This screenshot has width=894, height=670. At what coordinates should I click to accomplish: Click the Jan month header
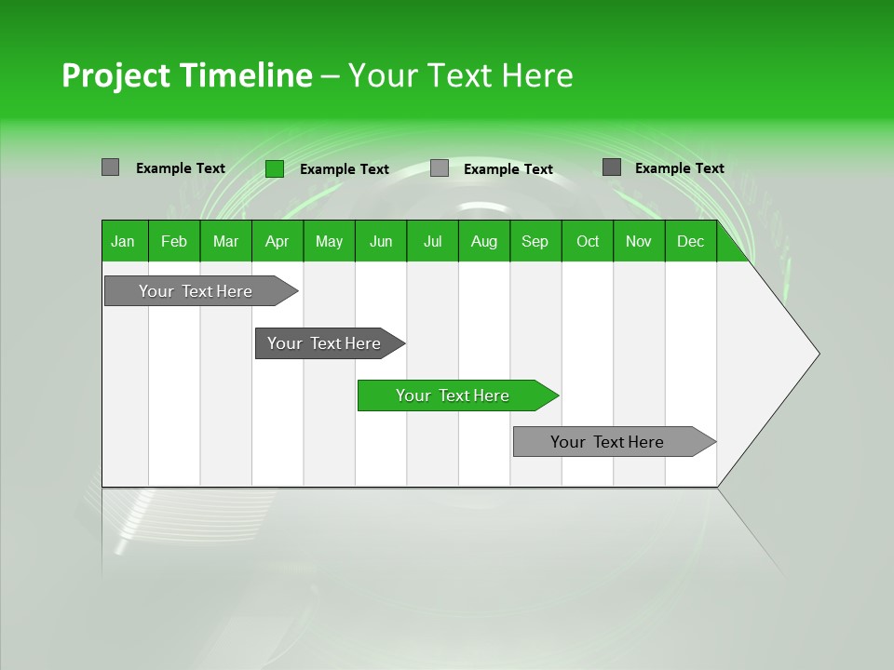124,241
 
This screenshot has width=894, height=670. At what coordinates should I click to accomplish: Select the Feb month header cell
174,241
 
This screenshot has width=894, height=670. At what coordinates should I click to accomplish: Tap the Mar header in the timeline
225,241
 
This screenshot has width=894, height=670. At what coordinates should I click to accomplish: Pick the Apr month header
278,241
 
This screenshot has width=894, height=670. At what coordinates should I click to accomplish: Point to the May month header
329,241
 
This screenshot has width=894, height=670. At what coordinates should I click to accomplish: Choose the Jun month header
381,241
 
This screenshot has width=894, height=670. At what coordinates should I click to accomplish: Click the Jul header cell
432,241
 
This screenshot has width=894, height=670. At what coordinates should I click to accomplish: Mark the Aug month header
484,241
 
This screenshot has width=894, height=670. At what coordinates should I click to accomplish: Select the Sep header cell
535,241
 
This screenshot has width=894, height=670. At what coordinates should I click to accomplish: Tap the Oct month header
588,241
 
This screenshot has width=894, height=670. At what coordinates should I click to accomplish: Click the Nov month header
639,241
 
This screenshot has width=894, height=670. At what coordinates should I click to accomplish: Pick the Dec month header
691,241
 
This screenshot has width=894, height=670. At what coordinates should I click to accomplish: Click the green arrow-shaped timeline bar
454,395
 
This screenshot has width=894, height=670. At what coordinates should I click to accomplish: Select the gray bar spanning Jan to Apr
196,291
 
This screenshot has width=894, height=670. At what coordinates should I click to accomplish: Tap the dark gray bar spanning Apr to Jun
325,343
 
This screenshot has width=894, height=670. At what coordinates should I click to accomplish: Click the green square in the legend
275,168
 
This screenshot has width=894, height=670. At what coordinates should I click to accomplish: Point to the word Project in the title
115,75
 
